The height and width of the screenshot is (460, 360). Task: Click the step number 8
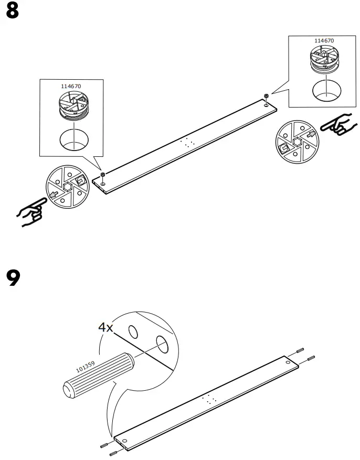13,11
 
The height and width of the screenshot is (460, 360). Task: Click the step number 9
13,278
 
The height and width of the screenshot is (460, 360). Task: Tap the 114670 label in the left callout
71,86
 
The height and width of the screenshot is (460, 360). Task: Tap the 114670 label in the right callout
324,41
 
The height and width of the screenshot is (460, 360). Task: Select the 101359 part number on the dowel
86,367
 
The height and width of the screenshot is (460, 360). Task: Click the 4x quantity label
105,327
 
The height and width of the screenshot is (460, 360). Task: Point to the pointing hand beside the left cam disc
31,212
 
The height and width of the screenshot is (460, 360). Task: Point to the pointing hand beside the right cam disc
338,124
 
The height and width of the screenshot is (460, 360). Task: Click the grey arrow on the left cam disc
54,194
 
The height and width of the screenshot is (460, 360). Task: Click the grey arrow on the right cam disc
311,135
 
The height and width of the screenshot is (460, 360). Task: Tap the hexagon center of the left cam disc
67,187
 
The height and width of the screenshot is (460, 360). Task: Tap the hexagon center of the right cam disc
298,142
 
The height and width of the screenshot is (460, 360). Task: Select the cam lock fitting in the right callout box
324,60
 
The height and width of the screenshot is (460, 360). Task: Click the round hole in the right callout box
326,90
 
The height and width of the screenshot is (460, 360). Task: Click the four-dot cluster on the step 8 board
187,142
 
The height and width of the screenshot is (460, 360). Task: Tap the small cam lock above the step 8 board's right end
267,96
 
